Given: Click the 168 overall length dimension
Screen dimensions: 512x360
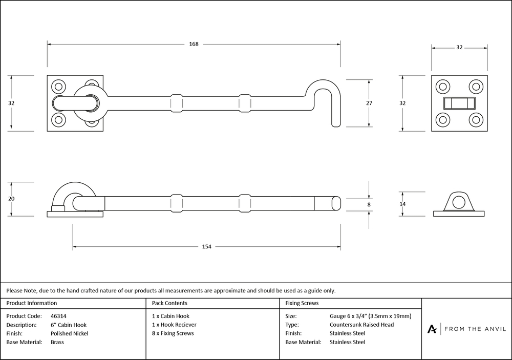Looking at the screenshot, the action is pos(194,44).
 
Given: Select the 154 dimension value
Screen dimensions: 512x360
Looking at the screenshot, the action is pos(206,247).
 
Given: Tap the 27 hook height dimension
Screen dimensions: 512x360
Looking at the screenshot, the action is pos(369,103).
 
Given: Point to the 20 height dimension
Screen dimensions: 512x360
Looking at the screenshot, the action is pos(11,199).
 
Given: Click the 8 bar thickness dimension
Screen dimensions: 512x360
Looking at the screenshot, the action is pos(369,204).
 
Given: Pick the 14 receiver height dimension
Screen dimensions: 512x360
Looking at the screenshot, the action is pos(402,204).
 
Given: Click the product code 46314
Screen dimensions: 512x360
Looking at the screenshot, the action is pos(58,316).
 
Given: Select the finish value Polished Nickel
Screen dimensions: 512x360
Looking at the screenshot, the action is pos(69,333).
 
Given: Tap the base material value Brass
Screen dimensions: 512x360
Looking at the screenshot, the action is pos(57,342).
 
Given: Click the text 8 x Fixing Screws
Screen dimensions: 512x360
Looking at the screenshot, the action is pos(173,333).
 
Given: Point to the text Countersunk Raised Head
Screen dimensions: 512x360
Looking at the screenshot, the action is pos(361,325).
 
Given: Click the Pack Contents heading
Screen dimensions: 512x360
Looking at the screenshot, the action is pos(169,303).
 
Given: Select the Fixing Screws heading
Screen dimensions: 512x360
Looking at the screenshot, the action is pos(302,303).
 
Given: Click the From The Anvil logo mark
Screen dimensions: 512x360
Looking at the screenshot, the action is pos(432,329).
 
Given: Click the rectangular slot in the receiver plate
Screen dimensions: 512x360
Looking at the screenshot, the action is pos(459,103).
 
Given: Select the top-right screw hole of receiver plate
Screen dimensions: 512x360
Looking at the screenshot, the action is pos(476,87).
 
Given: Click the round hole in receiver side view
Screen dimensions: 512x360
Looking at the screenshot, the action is pos(459,203).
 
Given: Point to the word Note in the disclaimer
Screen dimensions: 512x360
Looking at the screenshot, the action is pos(30,290).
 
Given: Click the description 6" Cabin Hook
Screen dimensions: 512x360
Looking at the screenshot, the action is pos(69,325).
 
